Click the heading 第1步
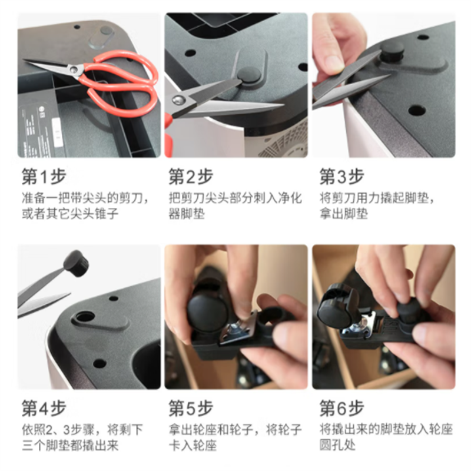coord(44,176)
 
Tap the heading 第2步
coord(191,176)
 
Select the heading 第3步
coord(341,176)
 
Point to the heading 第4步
coord(44,408)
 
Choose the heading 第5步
coord(191,408)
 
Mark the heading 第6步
coord(341,408)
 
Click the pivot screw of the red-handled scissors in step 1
coord(73,70)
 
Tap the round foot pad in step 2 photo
coord(249,75)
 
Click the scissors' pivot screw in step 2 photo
coord(179,99)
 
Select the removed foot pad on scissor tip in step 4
coord(77,263)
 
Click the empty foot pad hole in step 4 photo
coord(85,317)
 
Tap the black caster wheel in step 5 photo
coord(204,313)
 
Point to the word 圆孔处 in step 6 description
coord(337,445)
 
